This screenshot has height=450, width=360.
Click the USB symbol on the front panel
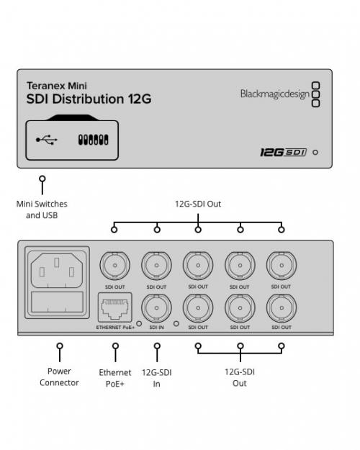(47, 140)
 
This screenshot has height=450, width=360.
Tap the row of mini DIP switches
(94, 140)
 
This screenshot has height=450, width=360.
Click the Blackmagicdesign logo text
(275, 94)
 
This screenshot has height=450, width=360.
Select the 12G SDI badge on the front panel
(284, 152)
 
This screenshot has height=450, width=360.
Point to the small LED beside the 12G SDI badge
(315, 153)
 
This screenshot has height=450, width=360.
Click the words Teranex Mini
(57, 86)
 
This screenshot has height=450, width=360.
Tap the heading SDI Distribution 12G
(89, 99)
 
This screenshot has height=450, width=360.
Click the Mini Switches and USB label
(42, 210)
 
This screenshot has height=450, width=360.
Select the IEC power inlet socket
(57, 270)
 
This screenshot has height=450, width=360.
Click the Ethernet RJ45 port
(114, 307)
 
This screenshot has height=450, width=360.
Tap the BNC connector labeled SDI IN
(156, 307)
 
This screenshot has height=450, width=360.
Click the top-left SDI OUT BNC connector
(114, 266)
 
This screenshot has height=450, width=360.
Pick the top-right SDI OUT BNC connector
(282, 266)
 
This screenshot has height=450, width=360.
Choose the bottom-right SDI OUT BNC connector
(282, 307)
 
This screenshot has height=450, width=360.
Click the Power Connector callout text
(59, 377)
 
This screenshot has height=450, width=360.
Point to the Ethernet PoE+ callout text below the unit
(115, 378)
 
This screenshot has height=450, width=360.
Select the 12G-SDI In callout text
(157, 378)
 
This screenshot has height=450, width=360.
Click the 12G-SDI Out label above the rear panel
(198, 204)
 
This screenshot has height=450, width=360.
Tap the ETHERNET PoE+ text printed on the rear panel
(115, 327)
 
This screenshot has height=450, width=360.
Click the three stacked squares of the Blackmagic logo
(316, 94)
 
